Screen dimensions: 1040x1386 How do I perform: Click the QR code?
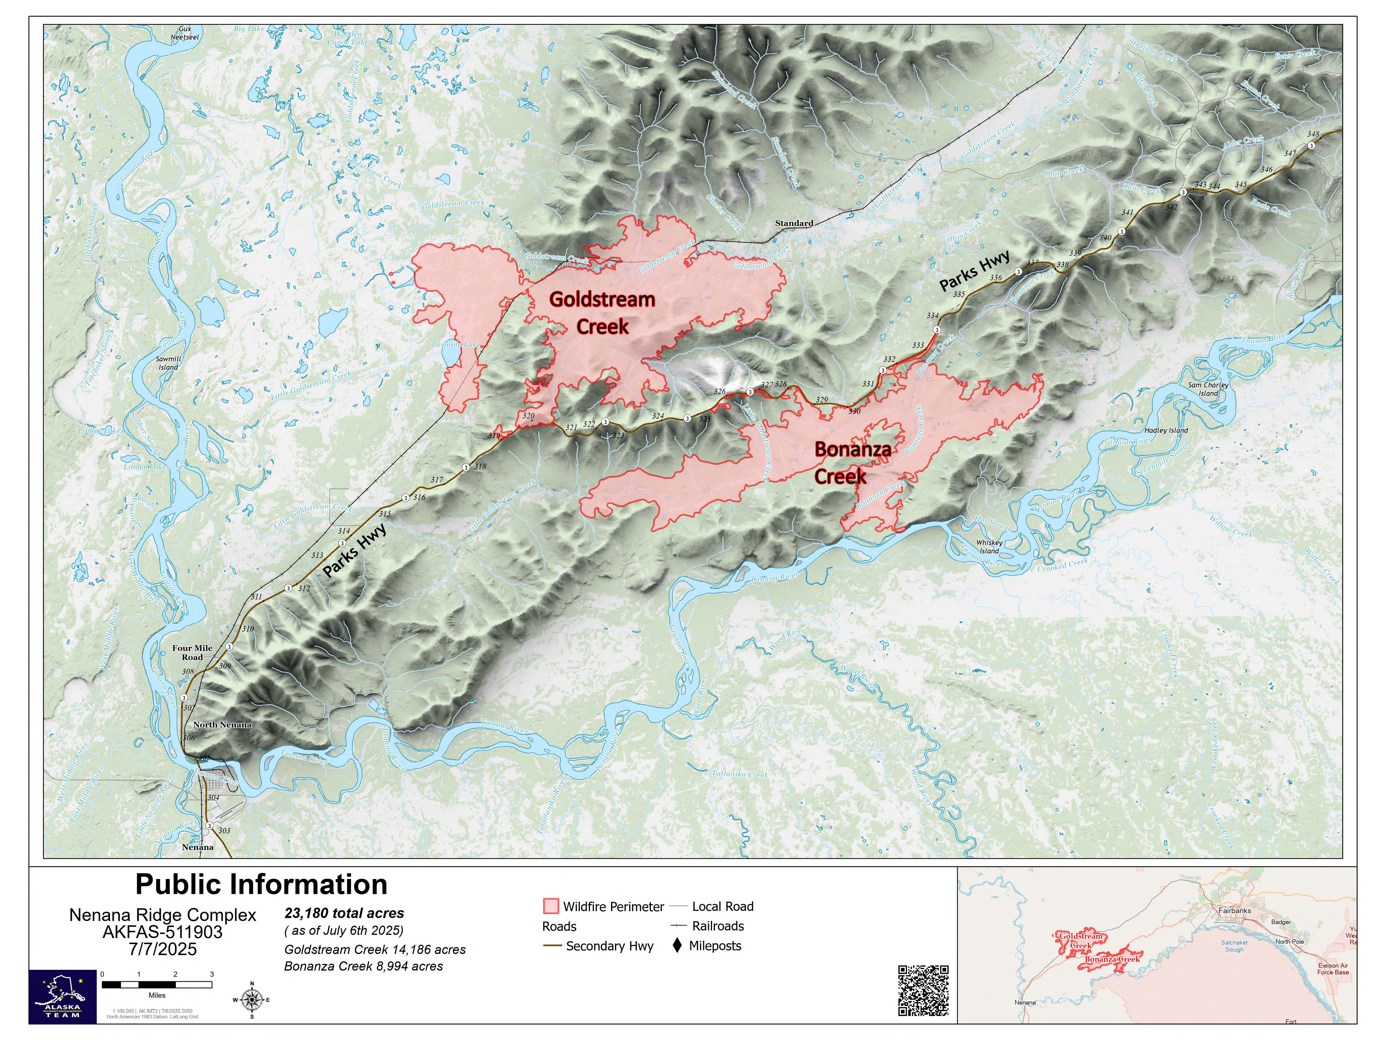(923, 991)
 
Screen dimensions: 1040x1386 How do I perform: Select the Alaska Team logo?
(63, 997)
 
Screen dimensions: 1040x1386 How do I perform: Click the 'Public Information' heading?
(261, 885)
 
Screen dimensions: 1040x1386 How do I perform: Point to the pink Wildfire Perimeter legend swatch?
(551, 906)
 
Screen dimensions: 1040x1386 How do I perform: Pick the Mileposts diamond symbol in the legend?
(677, 945)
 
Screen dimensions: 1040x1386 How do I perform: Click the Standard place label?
(794, 223)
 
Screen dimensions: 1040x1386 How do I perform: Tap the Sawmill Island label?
(169, 363)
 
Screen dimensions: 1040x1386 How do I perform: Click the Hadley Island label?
(1166, 431)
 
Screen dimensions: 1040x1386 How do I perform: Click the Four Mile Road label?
(192, 653)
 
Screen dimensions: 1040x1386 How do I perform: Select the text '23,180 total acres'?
(344, 913)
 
